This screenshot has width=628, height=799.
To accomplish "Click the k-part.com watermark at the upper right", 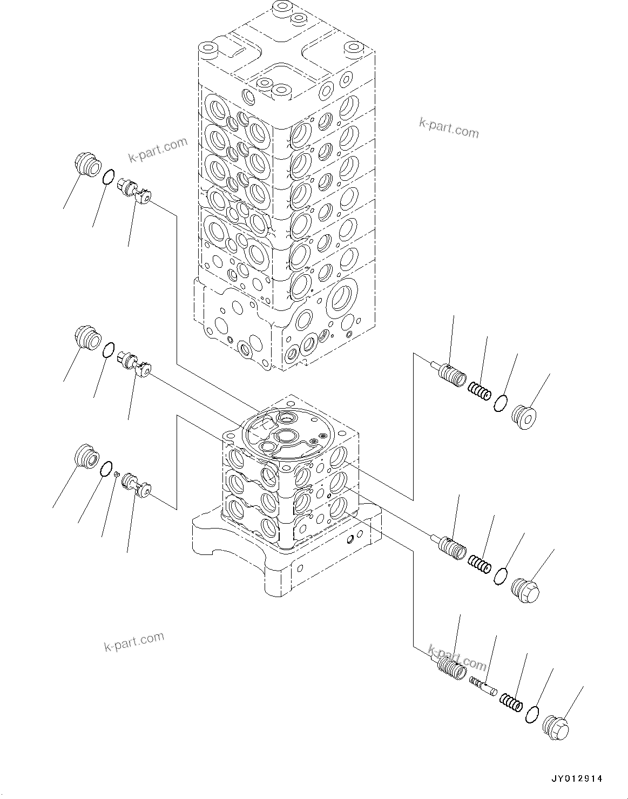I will [x=449, y=128].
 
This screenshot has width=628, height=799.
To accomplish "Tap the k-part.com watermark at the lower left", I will [x=133, y=641].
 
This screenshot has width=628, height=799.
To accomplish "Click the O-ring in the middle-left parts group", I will [x=109, y=350].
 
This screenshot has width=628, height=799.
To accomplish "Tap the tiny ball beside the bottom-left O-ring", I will [x=116, y=474].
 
